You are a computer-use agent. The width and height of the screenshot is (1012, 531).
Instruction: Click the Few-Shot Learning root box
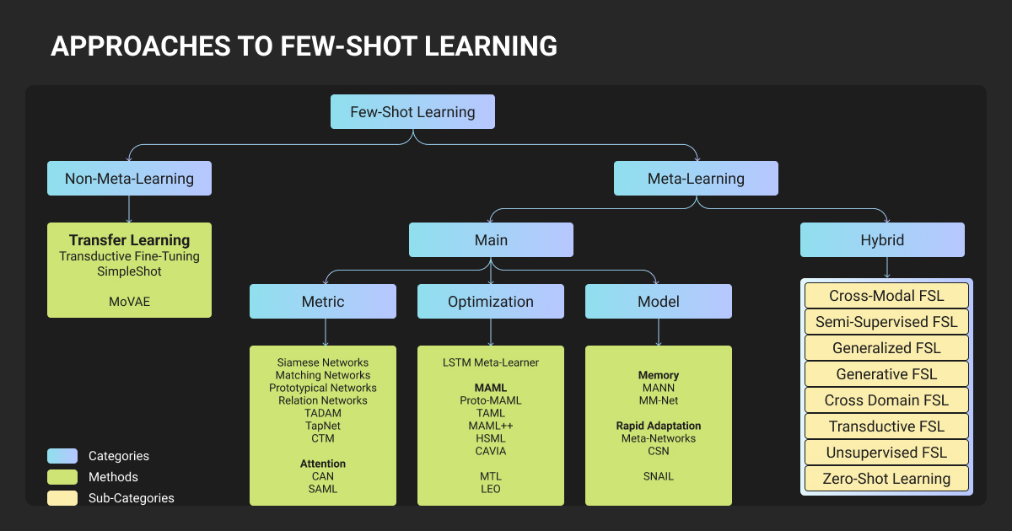[x=412, y=111]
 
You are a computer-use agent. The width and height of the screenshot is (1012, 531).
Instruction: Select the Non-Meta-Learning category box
[x=129, y=178]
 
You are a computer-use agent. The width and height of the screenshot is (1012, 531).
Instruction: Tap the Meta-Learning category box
[x=696, y=178]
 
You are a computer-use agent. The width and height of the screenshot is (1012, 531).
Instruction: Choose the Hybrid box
[x=882, y=239]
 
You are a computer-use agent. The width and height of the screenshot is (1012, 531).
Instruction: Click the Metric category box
[x=323, y=301]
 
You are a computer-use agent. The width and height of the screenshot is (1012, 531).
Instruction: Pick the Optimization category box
[x=491, y=301]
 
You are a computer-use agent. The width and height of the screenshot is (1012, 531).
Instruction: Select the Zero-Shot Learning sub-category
[x=886, y=479]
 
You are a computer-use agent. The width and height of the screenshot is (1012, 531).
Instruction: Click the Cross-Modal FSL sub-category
[x=886, y=296]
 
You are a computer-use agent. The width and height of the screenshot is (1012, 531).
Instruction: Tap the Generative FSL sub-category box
[x=886, y=374]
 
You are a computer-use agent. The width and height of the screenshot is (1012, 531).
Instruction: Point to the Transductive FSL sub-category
[x=886, y=426]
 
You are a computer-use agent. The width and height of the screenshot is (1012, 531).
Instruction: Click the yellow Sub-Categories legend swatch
[x=62, y=498]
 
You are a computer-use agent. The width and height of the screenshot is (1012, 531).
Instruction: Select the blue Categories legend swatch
[x=62, y=456]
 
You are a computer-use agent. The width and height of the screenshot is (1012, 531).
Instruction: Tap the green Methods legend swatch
[x=62, y=477]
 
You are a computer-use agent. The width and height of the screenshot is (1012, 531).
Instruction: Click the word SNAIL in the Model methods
[x=659, y=476]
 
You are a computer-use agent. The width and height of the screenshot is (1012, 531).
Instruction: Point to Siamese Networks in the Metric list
[x=323, y=362]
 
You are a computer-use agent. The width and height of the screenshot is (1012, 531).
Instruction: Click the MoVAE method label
[x=129, y=301]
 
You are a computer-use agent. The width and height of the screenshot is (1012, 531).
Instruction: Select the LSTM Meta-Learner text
[x=491, y=362]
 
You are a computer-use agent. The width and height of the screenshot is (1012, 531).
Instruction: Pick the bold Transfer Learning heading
[x=129, y=240]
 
